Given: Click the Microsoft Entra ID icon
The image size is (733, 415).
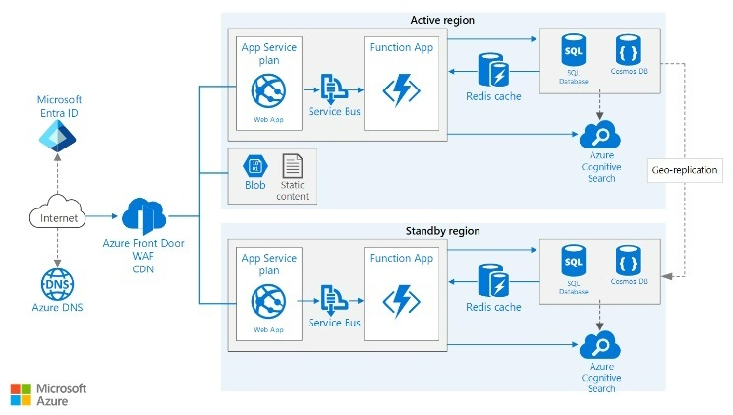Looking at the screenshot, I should (x=58, y=138).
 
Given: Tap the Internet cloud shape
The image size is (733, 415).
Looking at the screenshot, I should (x=59, y=217).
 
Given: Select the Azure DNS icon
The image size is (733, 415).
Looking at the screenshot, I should (x=58, y=283).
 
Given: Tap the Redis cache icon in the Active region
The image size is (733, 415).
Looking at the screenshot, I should (x=493, y=72).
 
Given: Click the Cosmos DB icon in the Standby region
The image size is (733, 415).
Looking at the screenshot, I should (x=628, y=262).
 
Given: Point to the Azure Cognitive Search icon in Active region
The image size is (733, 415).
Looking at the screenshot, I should (x=600, y=135).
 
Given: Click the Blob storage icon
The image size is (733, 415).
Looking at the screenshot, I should (x=255, y=167).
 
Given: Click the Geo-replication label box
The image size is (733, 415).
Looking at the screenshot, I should (x=685, y=170).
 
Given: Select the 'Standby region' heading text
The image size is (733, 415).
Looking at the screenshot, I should (x=442, y=231).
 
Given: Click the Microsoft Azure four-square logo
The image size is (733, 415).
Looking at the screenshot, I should (x=21, y=394).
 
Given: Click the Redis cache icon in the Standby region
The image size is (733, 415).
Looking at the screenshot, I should (x=493, y=282).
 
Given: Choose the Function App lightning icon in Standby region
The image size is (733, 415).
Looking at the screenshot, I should (x=401, y=300).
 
